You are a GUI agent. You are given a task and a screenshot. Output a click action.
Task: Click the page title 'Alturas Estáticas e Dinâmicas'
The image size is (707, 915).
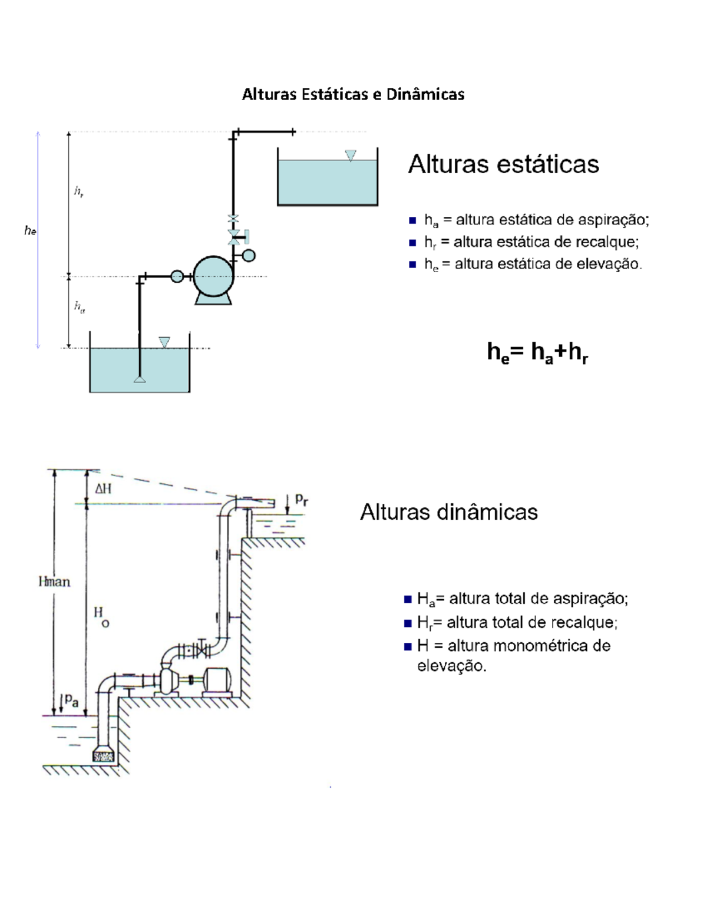pos(353,94)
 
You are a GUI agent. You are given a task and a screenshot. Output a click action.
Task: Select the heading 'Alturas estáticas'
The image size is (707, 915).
pos(503,164)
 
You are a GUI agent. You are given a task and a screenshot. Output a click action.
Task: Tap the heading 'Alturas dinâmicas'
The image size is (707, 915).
pos(448,512)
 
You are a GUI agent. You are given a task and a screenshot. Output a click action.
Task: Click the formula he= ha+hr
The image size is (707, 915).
pos(537,352)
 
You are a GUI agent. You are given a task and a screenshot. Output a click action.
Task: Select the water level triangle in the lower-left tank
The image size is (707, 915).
pos(164,342)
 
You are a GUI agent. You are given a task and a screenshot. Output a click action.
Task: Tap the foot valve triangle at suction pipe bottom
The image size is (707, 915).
pos(140,379)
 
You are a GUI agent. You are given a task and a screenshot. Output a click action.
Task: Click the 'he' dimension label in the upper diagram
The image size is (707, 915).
pos(30,231)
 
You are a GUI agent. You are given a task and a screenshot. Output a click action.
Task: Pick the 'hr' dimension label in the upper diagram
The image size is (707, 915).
pos(78,191)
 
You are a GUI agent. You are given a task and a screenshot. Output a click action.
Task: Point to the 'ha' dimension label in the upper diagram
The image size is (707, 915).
pos(79,306)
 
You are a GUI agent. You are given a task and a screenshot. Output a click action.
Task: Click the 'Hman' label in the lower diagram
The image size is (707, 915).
pos(54,582)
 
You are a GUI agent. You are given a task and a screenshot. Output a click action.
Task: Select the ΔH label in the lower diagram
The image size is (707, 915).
pos(103,488)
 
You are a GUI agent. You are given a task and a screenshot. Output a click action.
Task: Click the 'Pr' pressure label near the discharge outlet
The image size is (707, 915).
pos(301,500)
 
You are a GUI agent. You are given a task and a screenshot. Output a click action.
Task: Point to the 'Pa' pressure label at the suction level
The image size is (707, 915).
pos(71,700)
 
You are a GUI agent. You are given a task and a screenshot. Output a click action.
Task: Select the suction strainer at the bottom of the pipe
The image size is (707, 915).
pos(104,755)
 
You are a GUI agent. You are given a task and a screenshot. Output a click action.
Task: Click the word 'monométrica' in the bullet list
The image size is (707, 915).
pos(542,646)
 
